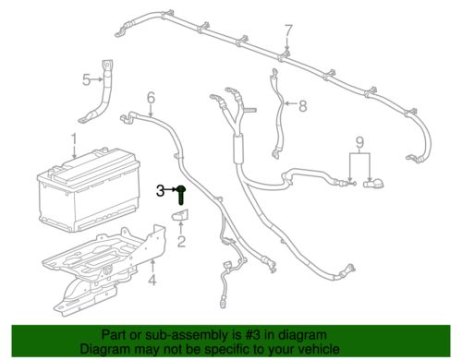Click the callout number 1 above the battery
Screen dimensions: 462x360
pos(74,140)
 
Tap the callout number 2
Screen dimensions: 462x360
pos(181,241)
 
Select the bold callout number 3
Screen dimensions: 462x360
pos(160,191)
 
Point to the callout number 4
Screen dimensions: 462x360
pos(152,280)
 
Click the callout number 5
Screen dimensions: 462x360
pos(87,80)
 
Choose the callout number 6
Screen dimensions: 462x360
pos(151,98)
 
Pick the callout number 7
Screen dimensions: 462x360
pos(288,30)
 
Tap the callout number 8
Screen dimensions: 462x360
pos(303,106)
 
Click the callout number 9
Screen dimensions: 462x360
pos(359,142)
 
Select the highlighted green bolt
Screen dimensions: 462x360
pos(181,195)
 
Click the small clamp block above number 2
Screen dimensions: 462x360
pos(180,215)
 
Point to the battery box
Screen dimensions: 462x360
pos(89,189)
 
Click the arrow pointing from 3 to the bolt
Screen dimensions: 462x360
pos(171,190)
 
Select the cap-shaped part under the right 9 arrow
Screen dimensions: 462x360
pos(373,184)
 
